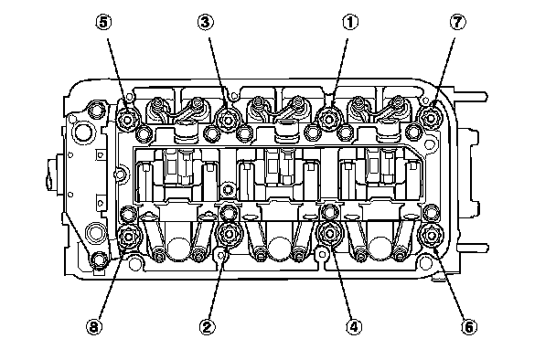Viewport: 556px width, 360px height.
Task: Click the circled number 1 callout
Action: click(350, 22)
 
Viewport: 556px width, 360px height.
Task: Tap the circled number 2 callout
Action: click(208, 326)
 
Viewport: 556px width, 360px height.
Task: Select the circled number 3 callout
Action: click(206, 22)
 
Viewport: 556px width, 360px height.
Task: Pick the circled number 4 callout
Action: click(354, 326)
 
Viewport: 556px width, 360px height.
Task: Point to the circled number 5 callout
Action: click(103, 22)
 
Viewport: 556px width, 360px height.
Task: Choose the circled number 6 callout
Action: click(469, 326)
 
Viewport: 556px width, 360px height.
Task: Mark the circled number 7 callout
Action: click(458, 22)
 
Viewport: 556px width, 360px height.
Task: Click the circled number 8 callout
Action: click(94, 326)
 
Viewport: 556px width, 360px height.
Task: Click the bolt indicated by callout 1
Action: click(328, 119)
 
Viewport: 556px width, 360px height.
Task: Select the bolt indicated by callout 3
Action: click(228, 120)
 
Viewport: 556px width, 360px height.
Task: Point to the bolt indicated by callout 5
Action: click(127, 120)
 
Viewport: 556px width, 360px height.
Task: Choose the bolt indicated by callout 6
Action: click(430, 235)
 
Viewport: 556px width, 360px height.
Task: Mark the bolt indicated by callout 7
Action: click(429, 117)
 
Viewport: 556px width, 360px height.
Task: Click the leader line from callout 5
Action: click(118, 72)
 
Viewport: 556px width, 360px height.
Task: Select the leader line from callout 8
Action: click(111, 283)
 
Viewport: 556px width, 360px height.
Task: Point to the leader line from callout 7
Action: click(444, 70)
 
